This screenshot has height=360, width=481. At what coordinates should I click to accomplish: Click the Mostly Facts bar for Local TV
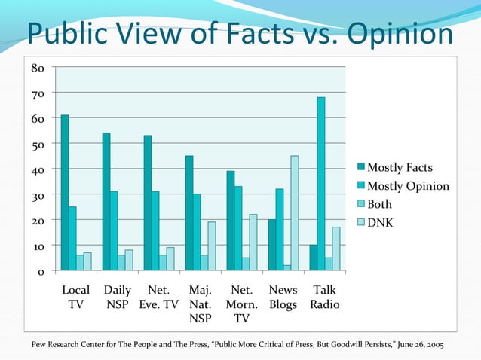pos(65,193)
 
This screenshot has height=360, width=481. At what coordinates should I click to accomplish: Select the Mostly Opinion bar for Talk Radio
pos(321,184)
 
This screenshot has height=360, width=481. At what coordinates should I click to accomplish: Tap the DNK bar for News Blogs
pos(295,213)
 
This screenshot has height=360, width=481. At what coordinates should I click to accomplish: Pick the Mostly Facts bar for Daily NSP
pos(106,202)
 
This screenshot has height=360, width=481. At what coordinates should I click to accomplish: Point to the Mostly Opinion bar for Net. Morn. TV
pos(238,228)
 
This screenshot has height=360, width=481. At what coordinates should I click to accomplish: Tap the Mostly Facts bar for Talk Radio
pos(314,258)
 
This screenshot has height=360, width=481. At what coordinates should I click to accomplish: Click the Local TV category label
pos(75,297)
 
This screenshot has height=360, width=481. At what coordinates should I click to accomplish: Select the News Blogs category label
pos(283,297)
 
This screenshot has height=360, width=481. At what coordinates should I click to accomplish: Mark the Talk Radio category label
pos(325,297)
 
